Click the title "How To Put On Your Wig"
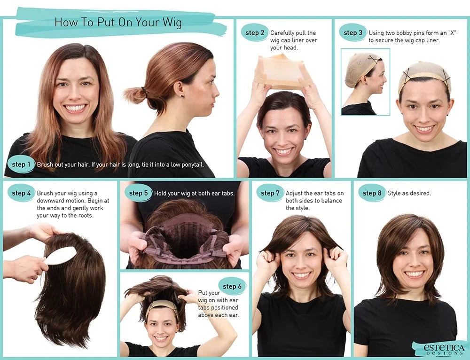118,22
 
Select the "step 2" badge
255,33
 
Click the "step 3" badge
353,33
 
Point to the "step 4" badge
22,193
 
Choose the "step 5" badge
139,193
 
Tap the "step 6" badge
232,286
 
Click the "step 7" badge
270,193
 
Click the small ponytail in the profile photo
135,94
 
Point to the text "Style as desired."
409,193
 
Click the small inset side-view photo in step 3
365,82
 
